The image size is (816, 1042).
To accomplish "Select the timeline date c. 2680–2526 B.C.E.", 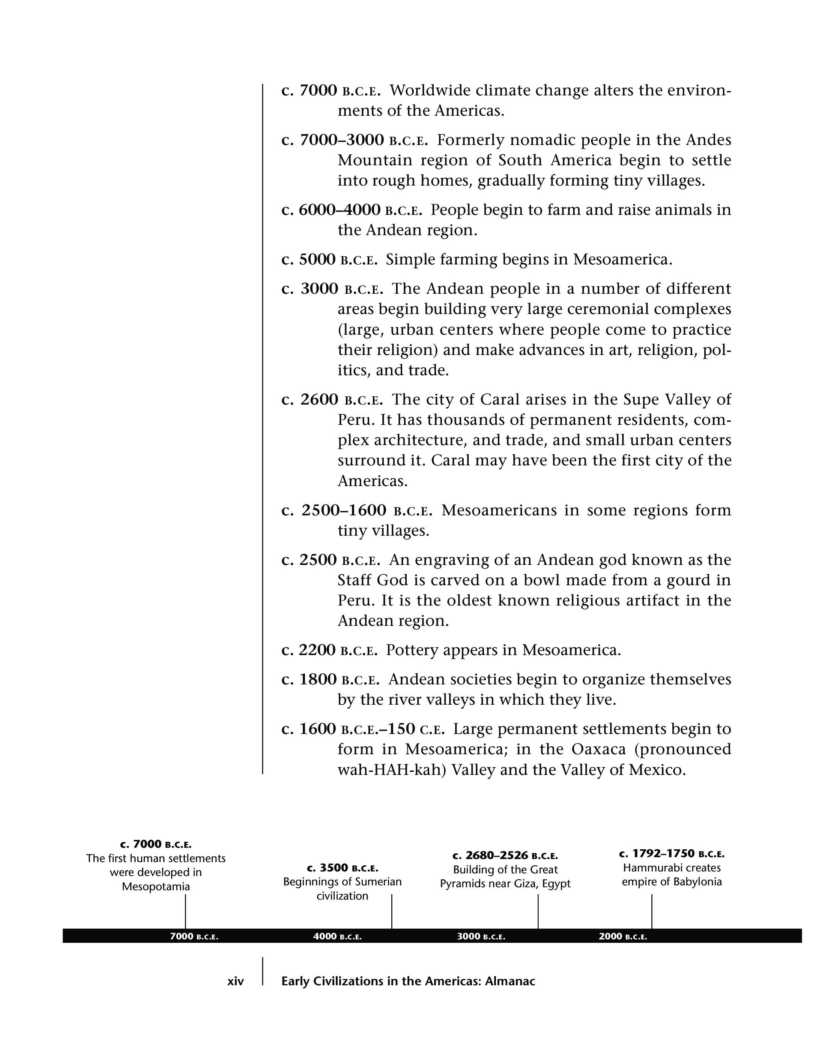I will click(x=505, y=856).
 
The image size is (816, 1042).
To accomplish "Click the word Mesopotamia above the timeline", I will click(x=156, y=886).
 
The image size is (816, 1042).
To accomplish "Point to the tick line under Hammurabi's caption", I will click(x=652, y=911).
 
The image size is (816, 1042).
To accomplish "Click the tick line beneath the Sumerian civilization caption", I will click(x=392, y=911).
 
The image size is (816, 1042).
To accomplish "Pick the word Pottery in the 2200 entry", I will click(x=412, y=650).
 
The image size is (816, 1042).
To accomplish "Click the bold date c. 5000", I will click(x=309, y=260).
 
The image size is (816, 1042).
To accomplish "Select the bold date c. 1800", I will click(x=309, y=680).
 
